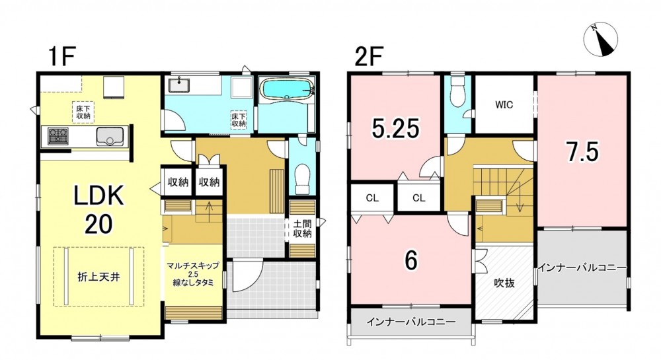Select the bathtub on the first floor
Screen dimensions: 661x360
(x=287, y=89)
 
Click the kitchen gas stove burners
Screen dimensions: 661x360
(x=58, y=136)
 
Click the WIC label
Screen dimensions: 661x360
(x=504, y=104)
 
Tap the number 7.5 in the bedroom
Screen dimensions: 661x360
(x=582, y=153)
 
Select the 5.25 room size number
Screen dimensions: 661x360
(x=396, y=128)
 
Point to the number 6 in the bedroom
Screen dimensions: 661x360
(x=411, y=260)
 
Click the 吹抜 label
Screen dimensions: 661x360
(x=504, y=283)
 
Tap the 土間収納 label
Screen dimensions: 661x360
(x=302, y=228)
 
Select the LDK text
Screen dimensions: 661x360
(x=99, y=196)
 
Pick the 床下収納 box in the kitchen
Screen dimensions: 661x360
(x=83, y=112)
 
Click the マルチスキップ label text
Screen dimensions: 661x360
(x=193, y=266)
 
